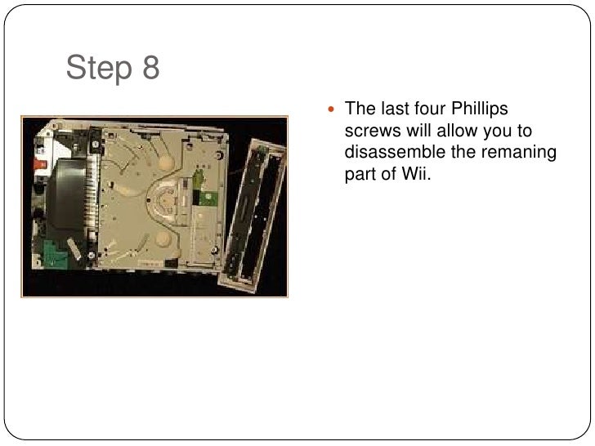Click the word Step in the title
99,69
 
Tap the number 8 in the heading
150,69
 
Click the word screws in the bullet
371,132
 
